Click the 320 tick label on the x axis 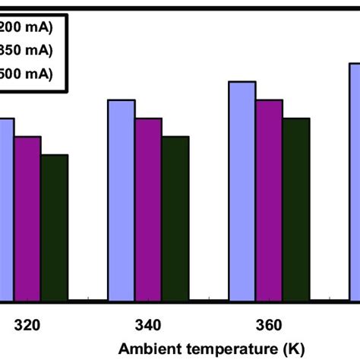(27, 327)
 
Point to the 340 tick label (148, 327)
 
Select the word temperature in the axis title (219, 349)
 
